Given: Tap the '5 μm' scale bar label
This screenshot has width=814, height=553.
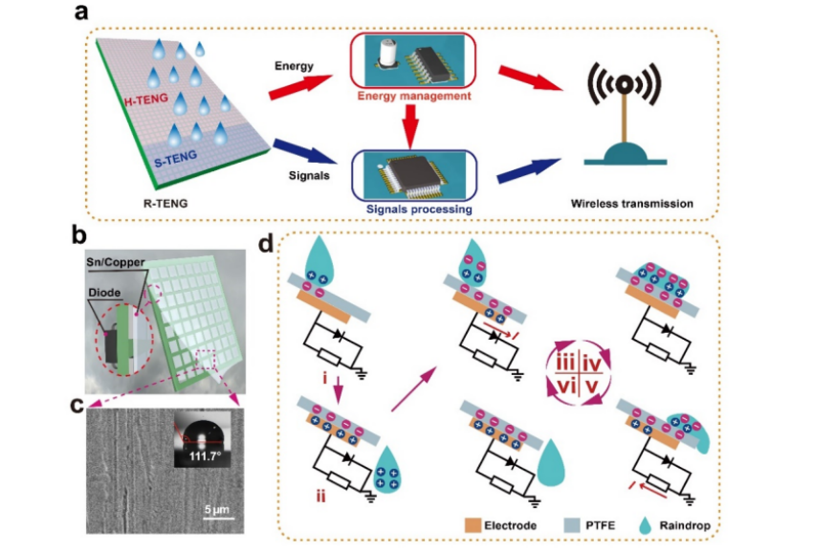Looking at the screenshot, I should [214, 508].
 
